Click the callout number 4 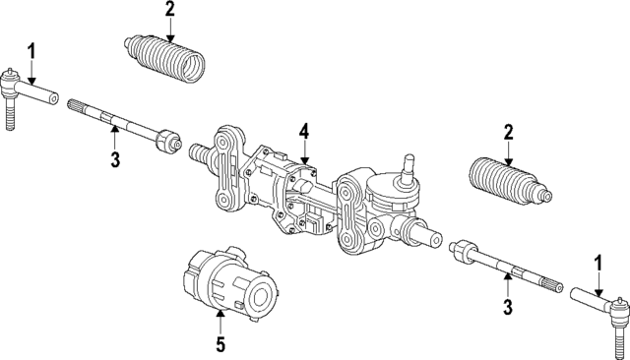(304, 131)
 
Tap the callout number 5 (220, 344)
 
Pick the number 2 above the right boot (508, 131)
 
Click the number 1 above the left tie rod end (31, 49)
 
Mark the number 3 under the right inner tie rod (508, 309)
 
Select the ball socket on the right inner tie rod (461, 251)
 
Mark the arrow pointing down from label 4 (305, 151)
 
